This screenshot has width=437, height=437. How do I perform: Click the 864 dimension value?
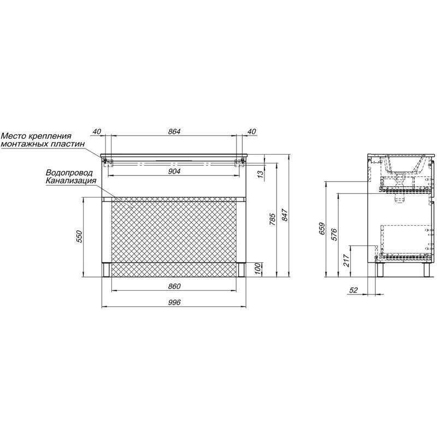pyautogui.click(x=174, y=131)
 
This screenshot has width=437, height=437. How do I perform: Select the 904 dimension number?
pyautogui.click(x=174, y=171)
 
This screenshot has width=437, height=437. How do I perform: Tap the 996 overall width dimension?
pyautogui.click(x=174, y=302)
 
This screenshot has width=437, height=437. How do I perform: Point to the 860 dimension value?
pyautogui.click(x=174, y=286)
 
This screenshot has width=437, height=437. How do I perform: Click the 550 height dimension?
pyautogui.click(x=80, y=237)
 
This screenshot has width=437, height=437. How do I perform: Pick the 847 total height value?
pyautogui.click(x=285, y=215)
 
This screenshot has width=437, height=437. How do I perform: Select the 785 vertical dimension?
pyautogui.click(x=272, y=219)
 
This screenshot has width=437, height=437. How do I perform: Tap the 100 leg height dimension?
pyautogui.click(x=258, y=269)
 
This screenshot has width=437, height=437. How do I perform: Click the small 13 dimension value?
pyautogui.click(x=260, y=174)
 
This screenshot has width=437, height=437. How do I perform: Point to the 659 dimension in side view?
pyautogui.click(x=322, y=228)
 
